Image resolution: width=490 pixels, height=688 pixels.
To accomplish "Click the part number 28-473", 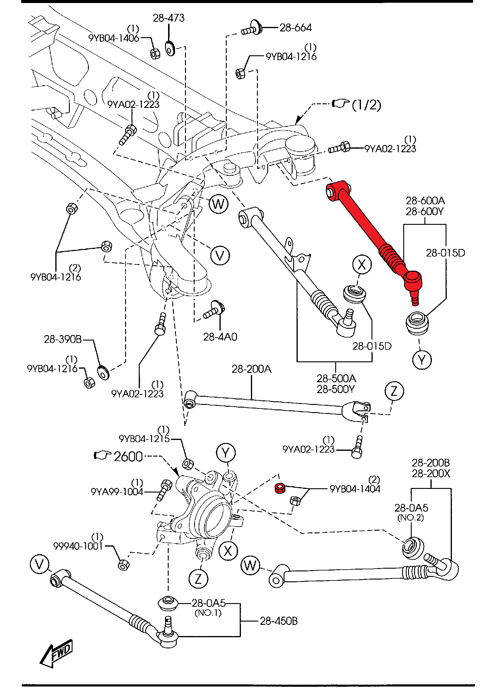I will [x=168, y=18].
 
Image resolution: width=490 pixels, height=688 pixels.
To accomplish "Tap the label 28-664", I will [x=295, y=28].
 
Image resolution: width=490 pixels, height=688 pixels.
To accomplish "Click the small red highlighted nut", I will [x=280, y=488].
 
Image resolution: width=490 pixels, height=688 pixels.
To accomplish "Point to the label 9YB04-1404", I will [x=355, y=489].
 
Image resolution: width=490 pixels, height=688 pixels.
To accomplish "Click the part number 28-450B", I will [x=278, y=621].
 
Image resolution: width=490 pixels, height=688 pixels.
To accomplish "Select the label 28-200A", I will [x=251, y=369].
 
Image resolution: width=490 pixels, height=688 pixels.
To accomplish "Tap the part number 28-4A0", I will [x=220, y=337].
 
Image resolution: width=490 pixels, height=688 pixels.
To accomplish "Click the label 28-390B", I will [x=63, y=339].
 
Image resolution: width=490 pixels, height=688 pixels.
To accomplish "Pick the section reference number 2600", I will [x=128, y=457].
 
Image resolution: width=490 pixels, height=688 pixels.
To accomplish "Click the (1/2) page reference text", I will [x=366, y=105].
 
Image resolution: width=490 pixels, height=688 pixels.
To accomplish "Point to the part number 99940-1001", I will [x=78, y=546].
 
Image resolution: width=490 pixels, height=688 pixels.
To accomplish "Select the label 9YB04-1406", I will [x=114, y=38].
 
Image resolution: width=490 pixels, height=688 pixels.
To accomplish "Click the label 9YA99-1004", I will [x=117, y=492].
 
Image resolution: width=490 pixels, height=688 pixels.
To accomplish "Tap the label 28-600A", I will [x=425, y=201].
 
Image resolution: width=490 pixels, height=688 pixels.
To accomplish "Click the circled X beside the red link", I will [x=362, y=265].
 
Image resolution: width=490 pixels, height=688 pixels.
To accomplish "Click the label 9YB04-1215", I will [x=144, y=439].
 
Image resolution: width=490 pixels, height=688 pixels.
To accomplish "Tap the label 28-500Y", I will [x=336, y=389].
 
